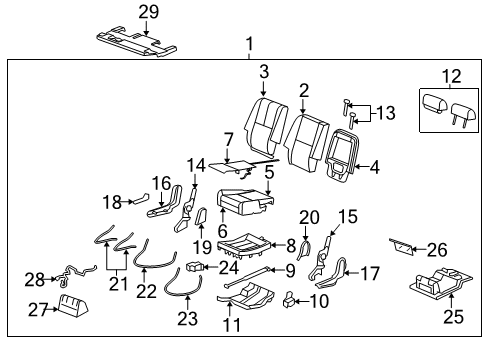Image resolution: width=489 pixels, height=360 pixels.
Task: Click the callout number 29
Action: click(x=149, y=11)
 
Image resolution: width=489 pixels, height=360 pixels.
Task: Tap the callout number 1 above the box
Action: click(x=250, y=44)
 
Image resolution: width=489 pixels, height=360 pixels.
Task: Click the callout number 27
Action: click(x=39, y=309)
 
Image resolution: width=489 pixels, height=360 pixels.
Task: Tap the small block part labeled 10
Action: click(x=289, y=297)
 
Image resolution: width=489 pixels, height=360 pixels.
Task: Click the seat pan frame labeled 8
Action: click(x=247, y=246)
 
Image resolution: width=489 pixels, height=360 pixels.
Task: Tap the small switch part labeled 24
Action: click(x=198, y=267)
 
